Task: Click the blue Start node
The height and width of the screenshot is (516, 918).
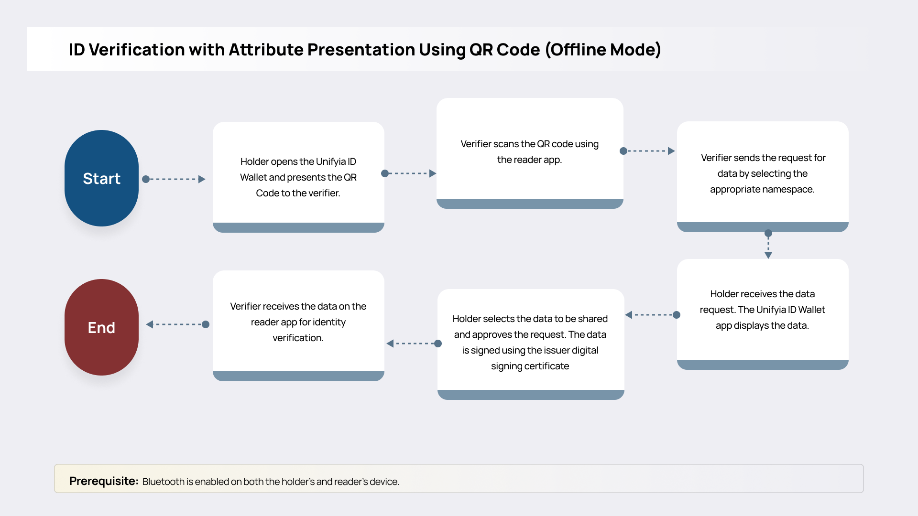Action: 101,178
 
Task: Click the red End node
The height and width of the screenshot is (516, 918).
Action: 101,327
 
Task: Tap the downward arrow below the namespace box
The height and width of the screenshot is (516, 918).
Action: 768,245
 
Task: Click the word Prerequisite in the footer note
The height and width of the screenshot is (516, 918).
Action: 103,481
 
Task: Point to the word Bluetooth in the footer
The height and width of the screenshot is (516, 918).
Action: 163,482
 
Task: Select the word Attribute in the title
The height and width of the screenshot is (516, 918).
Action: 266,50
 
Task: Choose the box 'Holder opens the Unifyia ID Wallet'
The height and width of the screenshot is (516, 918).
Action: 298,177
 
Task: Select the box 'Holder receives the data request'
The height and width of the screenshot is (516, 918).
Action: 762,310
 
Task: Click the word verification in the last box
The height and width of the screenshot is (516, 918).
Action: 297,338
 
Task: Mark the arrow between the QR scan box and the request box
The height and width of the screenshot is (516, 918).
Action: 648,151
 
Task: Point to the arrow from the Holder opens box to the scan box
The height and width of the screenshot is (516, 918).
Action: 410,173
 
